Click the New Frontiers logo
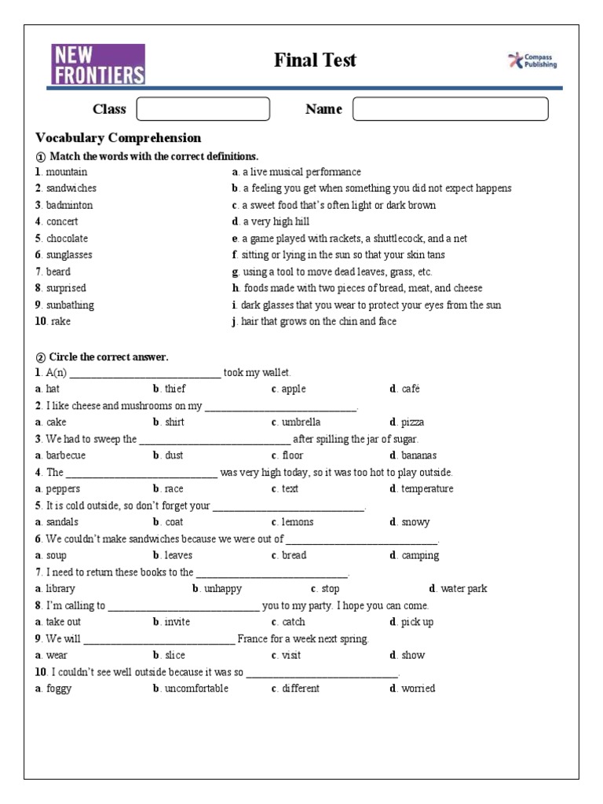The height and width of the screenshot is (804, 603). (98, 64)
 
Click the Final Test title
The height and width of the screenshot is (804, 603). (315, 60)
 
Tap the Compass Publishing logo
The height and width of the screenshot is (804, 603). (533, 61)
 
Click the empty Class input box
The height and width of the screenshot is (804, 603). (203, 109)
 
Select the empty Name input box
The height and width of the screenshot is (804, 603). (450, 109)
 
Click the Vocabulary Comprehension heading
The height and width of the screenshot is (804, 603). (119, 138)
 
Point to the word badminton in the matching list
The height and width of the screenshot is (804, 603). (69, 205)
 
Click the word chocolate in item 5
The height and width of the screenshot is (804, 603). (67, 239)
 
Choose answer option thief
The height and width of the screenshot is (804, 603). (175, 389)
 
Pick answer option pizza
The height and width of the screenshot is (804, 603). (412, 422)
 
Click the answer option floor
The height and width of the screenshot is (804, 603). (292, 455)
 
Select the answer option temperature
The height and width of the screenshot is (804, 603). (426, 489)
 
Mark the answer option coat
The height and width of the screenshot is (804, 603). (174, 522)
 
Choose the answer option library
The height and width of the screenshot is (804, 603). (60, 589)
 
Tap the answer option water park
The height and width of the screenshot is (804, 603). (463, 589)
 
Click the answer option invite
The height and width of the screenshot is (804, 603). (177, 622)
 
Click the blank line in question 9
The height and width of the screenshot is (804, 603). (159, 640)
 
